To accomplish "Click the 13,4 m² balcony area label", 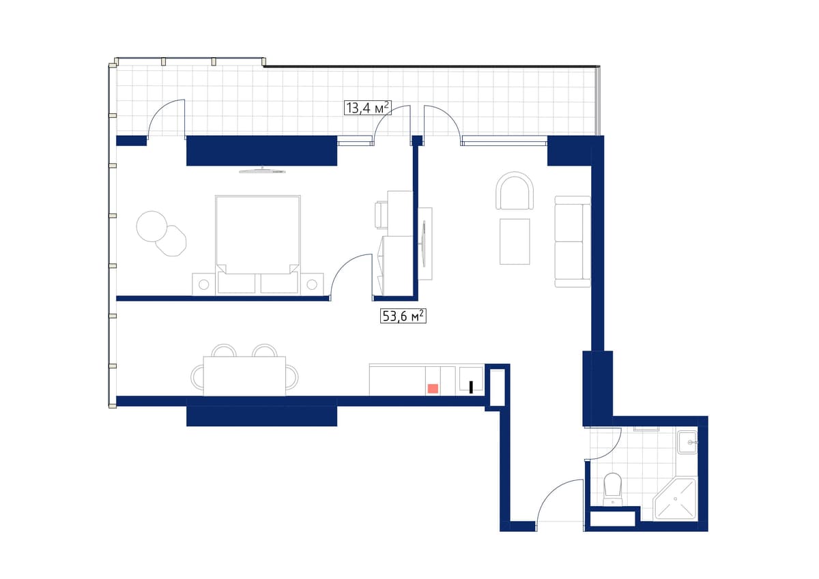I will (x=368, y=107).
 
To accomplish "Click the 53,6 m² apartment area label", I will (x=403, y=316).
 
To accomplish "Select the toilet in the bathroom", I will (x=613, y=489).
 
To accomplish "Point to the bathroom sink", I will (x=687, y=443).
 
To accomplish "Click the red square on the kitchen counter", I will (x=433, y=388).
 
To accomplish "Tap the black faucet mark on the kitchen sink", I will (x=471, y=387).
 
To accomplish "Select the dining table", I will (x=244, y=376).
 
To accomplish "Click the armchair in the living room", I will (x=515, y=192).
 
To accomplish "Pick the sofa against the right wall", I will (x=573, y=241).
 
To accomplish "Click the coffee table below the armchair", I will (x=515, y=241).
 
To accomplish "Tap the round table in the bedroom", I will (x=152, y=226).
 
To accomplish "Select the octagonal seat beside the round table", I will (x=171, y=241).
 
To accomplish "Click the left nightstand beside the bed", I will (x=203, y=284).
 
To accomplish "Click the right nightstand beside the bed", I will (x=313, y=284).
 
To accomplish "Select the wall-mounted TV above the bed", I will (x=261, y=170).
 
